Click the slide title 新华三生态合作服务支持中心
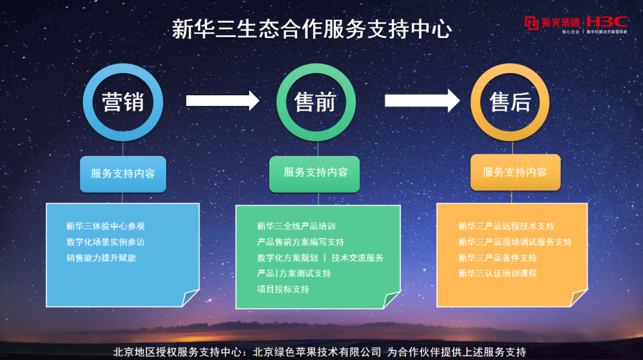click(311, 29)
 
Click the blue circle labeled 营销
click(123, 102)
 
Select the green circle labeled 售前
click(316, 102)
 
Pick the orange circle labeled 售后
click(510, 102)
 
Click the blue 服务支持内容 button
click(123, 174)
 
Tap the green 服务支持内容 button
click(315, 173)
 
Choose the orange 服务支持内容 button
click(515, 173)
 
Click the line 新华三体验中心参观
click(105, 226)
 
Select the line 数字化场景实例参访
click(105, 242)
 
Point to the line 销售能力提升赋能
click(101, 258)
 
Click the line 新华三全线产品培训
click(296, 226)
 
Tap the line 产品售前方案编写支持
click(301, 242)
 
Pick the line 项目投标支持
click(283, 289)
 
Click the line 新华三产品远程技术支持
click(506, 226)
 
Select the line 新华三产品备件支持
click(498, 258)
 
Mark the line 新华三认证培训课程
click(498, 273)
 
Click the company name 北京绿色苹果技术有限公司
click(317, 352)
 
